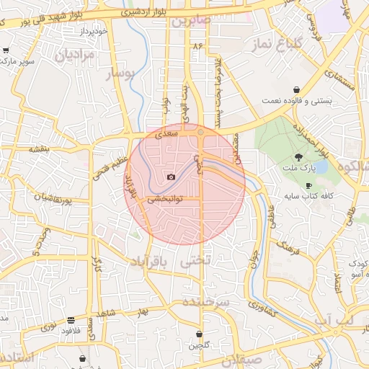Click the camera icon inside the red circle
(171, 177)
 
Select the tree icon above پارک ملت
(298, 157)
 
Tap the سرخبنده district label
(205, 302)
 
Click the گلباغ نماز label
(275, 46)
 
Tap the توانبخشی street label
(166, 199)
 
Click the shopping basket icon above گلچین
(199, 334)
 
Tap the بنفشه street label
(38, 149)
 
